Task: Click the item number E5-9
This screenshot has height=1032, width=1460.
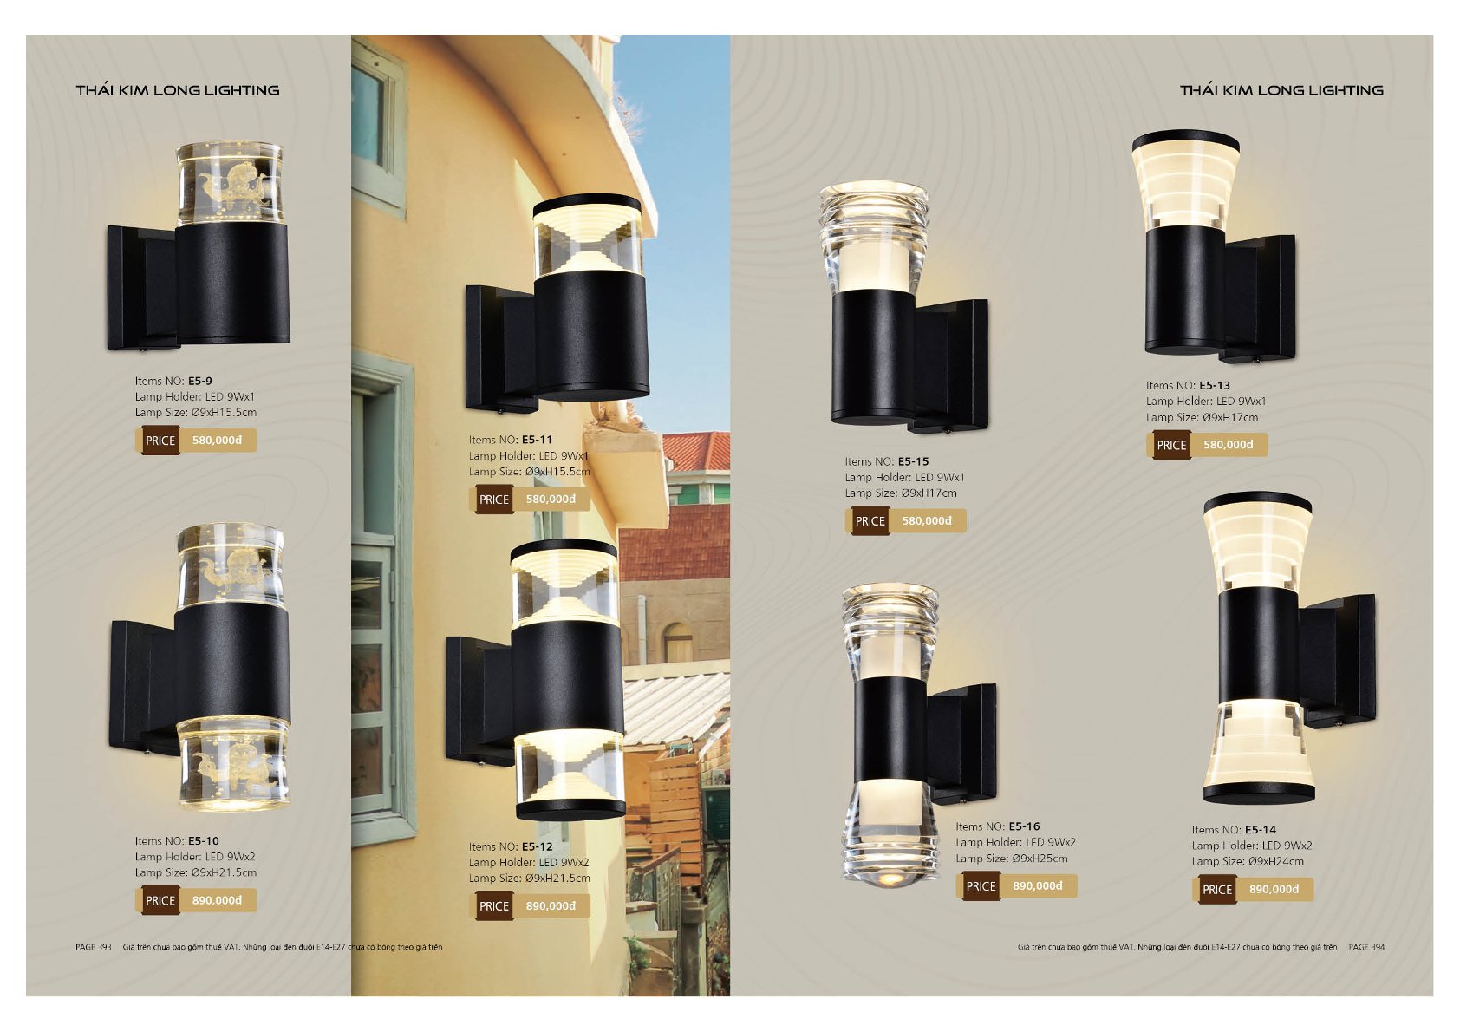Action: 200,381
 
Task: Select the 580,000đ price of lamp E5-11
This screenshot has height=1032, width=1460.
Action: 551,500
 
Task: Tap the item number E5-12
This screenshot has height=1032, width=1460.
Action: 537,846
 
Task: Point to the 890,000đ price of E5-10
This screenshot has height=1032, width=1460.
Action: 217,900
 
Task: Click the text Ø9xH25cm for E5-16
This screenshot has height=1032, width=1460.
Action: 1040,859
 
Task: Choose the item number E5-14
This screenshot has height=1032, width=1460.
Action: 1261,830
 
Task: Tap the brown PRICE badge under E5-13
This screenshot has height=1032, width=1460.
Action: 1171,445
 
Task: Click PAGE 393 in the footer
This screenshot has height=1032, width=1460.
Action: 94,947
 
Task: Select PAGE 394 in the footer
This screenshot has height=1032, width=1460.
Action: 1366,947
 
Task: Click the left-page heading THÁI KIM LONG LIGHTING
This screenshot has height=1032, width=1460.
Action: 178,90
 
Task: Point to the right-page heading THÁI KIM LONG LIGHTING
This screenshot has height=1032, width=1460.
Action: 1281,90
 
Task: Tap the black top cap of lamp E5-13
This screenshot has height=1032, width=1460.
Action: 1185,140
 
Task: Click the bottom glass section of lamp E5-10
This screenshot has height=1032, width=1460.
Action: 232,763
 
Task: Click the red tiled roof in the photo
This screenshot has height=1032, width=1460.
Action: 695,451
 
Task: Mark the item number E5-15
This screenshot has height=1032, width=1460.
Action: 913,461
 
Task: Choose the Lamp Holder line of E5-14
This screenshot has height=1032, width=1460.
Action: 1252,846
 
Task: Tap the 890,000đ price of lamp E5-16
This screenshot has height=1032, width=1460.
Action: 1038,886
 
